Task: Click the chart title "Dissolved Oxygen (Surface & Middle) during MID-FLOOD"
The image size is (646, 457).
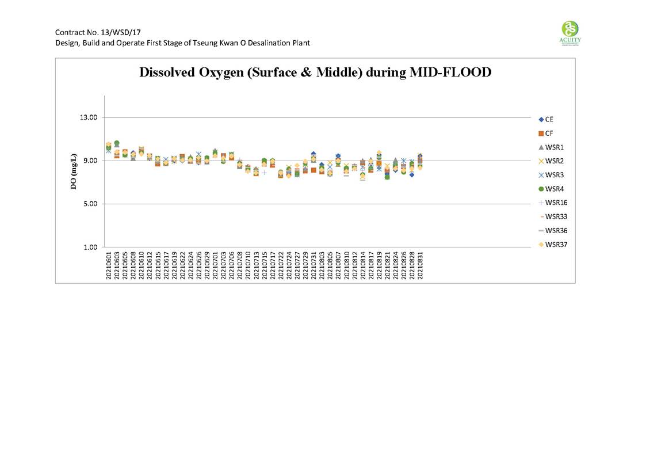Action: [x=315, y=73]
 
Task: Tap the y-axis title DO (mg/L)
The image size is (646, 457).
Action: [x=74, y=172]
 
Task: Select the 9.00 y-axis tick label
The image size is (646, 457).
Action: [x=89, y=161]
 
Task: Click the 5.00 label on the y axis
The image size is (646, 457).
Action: [x=89, y=204]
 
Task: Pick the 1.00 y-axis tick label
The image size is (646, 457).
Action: [x=89, y=247]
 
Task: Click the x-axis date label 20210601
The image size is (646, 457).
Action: [x=109, y=265]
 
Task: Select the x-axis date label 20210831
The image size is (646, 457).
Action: [x=421, y=265]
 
